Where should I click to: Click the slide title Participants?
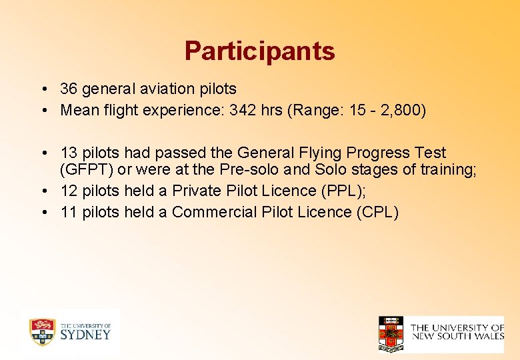(259, 51)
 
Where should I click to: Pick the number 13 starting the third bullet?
(69, 153)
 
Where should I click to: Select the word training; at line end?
(448, 169)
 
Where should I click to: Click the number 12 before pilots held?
(69, 191)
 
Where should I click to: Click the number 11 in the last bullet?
(69, 212)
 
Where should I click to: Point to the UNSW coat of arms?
(391, 334)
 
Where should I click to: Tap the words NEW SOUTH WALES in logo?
(457, 336)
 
